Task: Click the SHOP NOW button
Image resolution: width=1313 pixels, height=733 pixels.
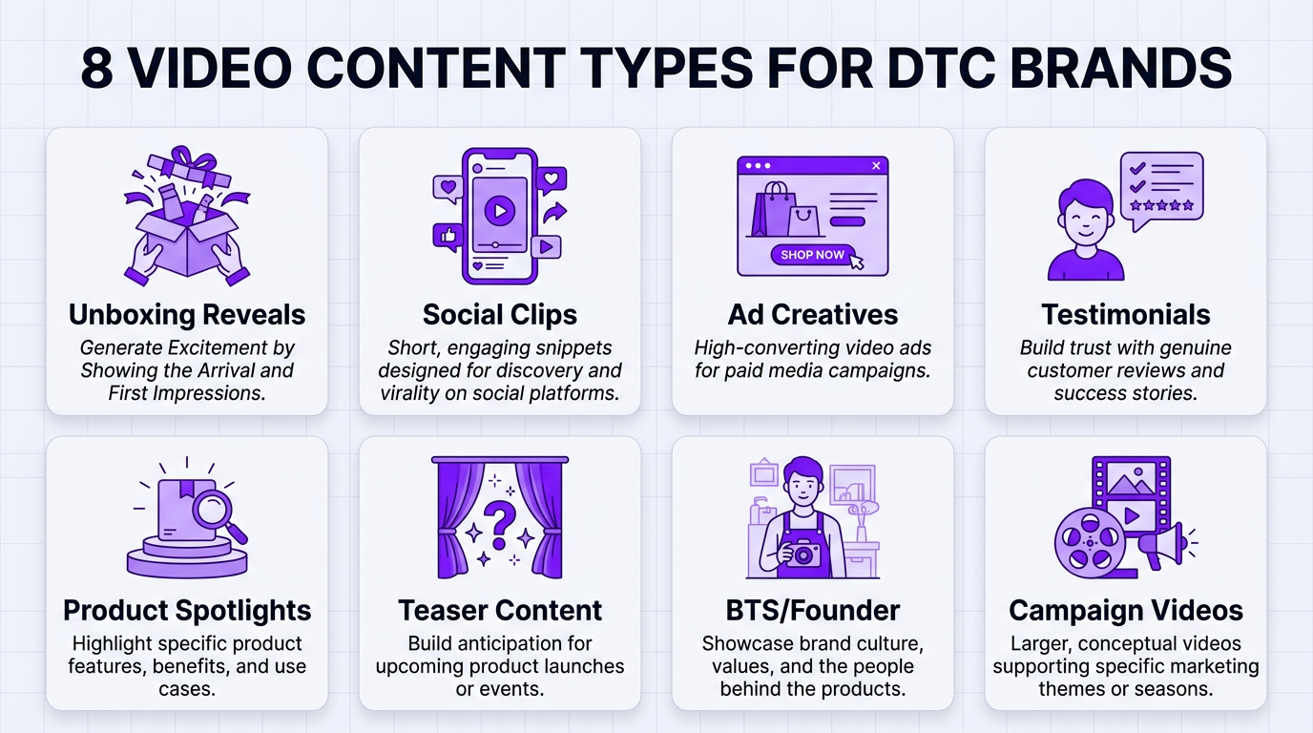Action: [813, 255]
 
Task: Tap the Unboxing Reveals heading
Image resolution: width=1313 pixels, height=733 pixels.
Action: [187, 315]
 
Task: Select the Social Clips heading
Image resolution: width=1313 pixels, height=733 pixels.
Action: [500, 315]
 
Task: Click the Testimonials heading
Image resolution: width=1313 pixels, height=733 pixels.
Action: [1126, 315]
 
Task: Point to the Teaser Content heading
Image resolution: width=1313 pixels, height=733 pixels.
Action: [500, 611]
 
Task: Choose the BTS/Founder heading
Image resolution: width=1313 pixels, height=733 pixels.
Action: [813, 611]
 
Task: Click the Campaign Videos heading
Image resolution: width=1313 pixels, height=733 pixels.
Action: [1126, 611]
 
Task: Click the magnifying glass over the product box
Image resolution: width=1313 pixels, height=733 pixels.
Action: [218, 516]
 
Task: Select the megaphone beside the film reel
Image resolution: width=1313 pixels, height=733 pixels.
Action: [1162, 544]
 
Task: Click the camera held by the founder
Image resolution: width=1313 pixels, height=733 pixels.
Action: [802, 555]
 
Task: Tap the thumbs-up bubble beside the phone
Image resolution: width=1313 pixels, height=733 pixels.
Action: [447, 235]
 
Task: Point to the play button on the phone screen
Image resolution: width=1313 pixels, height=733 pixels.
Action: [499, 210]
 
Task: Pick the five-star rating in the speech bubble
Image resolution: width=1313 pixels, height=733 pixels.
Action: [1161, 204]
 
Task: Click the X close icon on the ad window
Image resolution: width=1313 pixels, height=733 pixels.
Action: [876, 166]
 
